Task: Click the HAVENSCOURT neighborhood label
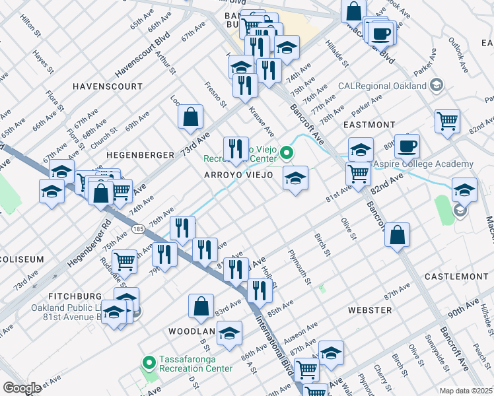click(x=107, y=86)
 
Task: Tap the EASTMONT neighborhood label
click(x=369, y=124)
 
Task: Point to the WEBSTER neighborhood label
click(x=370, y=310)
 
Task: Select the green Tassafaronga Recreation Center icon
click(x=149, y=361)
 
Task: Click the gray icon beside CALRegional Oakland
click(x=436, y=86)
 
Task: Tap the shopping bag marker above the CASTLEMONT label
click(x=398, y=236)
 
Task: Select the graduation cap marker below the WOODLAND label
click(x=229, y=334)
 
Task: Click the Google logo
click(x=21, y=388)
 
